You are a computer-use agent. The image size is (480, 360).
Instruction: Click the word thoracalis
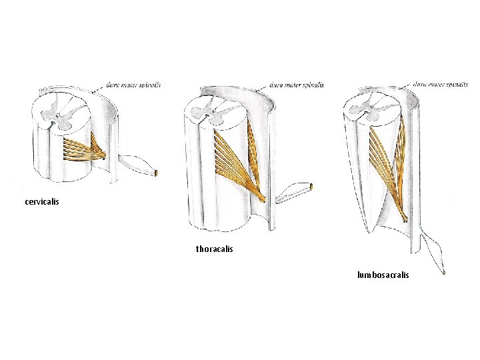click(x=215, y=249)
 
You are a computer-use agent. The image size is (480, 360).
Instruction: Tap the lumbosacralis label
click(x=383, y=275)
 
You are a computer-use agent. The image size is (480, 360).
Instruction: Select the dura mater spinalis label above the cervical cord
click(x=133, y=85)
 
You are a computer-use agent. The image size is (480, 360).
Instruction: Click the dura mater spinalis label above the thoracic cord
click(x=297, y=85)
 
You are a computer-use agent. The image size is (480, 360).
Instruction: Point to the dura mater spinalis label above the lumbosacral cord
click(x=439, y=85)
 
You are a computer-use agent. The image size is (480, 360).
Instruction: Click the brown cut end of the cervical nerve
click(x=157, y=173)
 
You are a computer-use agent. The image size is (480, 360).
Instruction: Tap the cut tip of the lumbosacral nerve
click(x=443, y=272)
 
